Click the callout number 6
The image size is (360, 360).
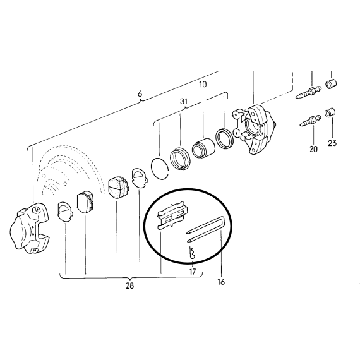pyautogui.click(x=140, y=94)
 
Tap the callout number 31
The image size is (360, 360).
pyautogui.click(x=184, y=102)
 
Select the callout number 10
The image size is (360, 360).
pyautogui.click(x=203, y=85)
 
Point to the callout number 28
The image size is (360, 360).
pyautogui.click(x=129, y=286)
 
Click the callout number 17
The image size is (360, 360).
pyautogui.click(x=193, y=272)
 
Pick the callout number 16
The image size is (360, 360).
pyautogui.click(x=221, y=282)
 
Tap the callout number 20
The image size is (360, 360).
pyautogui.click(x=313, y=149)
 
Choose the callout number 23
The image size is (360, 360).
pyautogui.click(x=332, y=143)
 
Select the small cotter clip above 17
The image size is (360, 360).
pyautogui.click(x=192, y=253)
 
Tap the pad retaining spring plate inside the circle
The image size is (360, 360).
pyautogui.click(x=172, y=215)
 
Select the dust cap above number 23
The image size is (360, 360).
pyautogui.click(x=330, y=112)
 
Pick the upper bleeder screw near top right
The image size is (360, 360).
pyautogui.click(x=309, y=92)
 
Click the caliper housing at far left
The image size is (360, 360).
pyautogui.click(x=30, y=228)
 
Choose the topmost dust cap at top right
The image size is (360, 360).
pyautogui.click(x=332, y=84)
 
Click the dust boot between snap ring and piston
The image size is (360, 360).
pyautogui.click(x=180, y=159)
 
